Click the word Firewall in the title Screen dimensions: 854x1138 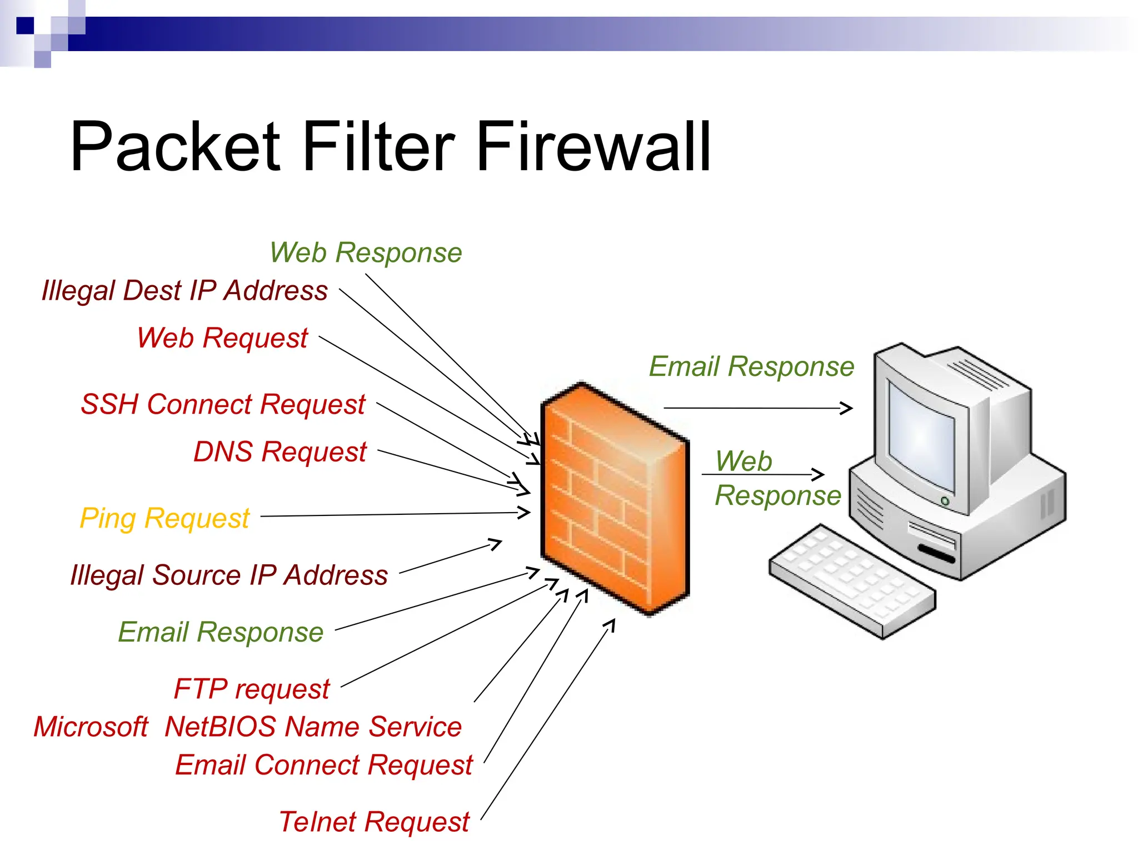(x=593, y=147)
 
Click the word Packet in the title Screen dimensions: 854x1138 (x=175, y=147)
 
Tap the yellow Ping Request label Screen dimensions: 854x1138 (x=164, y=518)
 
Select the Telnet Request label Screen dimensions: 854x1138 (x=374, y=822)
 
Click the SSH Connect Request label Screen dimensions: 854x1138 (x=223, y=404)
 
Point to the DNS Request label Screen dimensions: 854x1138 (x=279, y=451)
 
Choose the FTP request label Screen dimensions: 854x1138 (x=252, y=689)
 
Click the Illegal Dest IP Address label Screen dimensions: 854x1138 (x=184, y=291)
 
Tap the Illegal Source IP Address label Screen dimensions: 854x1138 (x=229, y=575)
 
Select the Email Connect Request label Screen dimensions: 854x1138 (x=323, y=765)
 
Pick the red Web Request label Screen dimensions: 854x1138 (x=222, y=338)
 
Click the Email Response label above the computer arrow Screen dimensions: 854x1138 (x=751, y=367)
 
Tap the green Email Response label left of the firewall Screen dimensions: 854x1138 (x=221, y=632)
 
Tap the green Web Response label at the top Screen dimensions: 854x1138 (x=366, y=253)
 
